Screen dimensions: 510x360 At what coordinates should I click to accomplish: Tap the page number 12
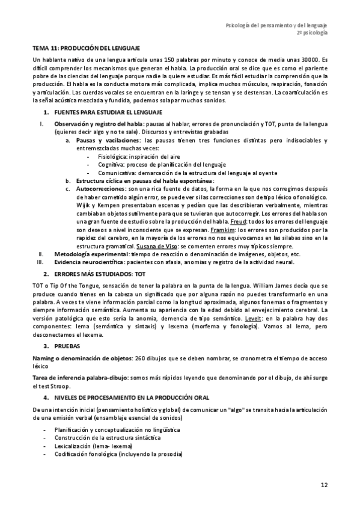pyautogui.click(x=324, y=484)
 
